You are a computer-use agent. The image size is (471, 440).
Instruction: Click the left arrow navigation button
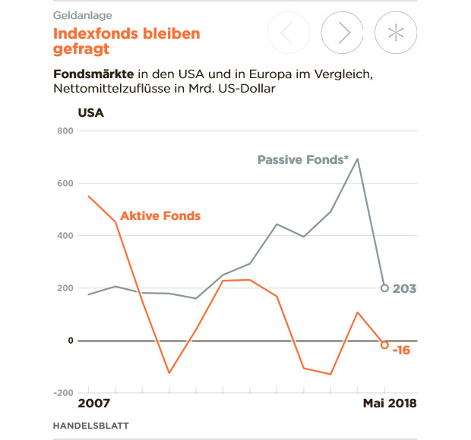[289, 33]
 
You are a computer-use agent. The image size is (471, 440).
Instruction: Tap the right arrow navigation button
[343, 33]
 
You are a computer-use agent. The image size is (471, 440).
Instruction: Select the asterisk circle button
[396, 33]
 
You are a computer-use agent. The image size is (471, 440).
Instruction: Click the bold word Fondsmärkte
[94, 75]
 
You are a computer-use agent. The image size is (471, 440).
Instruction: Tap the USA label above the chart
[90, 114]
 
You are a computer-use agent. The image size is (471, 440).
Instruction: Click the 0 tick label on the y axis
[70, 341]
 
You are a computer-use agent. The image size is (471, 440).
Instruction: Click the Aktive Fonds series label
[160, 216]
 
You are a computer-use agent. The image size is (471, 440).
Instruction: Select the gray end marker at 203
[384, 288]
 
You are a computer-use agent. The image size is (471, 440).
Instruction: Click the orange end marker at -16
[384, 345]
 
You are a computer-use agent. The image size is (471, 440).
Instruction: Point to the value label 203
[405, 289]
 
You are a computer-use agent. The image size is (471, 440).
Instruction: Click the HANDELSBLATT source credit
[85, 426]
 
